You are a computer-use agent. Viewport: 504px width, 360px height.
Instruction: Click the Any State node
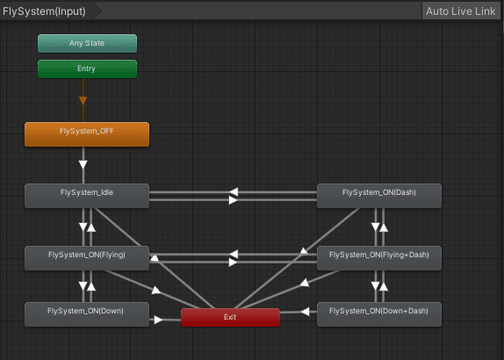point(87,43)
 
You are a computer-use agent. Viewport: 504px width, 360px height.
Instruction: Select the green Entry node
point(87,68)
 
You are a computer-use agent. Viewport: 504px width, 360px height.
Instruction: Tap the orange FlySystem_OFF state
point(87,134)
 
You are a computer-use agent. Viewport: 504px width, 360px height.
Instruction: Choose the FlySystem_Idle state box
point(87,196)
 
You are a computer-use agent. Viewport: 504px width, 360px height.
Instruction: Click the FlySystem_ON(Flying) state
point(87,258)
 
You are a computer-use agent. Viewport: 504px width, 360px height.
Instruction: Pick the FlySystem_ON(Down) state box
point(87,314)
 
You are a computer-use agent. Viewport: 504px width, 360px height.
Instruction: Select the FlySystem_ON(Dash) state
point(379,196)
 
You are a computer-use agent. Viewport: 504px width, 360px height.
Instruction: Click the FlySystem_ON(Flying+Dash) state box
point(379,258)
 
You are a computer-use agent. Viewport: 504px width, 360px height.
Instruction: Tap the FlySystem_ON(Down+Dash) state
point(379,314)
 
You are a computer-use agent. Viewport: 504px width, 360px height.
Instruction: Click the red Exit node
point(230,318)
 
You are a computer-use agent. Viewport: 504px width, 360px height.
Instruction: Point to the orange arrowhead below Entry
point(83,101)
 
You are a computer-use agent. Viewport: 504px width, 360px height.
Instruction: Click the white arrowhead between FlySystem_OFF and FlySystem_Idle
point(83,165)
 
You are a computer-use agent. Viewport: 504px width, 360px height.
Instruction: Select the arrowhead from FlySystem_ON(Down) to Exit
point(158,320)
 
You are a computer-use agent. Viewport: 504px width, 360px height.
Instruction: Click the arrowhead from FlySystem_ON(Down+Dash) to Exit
point(305,312)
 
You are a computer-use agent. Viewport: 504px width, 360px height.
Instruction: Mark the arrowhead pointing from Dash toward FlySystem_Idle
point(234,192)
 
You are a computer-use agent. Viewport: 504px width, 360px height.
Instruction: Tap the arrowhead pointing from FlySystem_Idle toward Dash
point(233,200)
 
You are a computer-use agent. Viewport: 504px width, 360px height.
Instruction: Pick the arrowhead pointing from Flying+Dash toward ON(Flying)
point(234,255)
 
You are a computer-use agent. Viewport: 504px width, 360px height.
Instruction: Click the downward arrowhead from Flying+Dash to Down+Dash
point(375,285)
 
